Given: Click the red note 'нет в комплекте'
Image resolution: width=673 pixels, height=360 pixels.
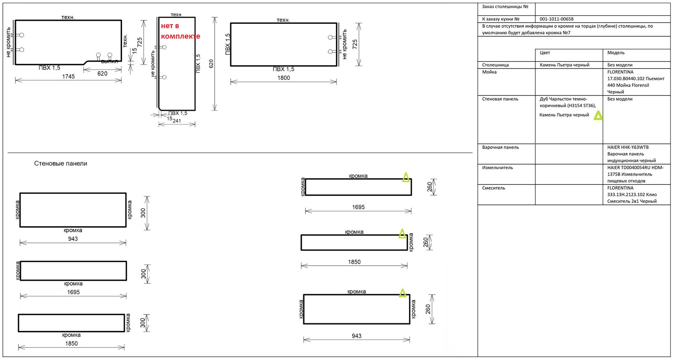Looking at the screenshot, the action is pos(181,31).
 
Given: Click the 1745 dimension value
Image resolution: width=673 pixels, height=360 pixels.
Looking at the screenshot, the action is pos(68,77).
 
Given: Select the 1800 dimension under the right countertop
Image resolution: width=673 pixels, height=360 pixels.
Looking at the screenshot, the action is pos(284,78).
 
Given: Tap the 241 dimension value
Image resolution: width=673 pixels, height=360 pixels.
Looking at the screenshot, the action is pos(177,120).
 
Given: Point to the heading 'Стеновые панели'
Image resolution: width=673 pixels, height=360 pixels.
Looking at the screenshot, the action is pos(61,163).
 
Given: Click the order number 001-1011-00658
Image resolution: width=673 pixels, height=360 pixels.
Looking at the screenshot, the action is pos(556,19).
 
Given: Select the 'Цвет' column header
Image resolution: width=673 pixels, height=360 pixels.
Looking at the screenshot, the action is pos(545,53).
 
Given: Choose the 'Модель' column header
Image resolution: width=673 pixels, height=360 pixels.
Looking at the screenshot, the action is pos(616,53).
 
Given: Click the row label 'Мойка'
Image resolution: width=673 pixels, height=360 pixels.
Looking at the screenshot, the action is pos(489,72).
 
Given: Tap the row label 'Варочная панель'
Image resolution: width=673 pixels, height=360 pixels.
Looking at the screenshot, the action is pos(501,147).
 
